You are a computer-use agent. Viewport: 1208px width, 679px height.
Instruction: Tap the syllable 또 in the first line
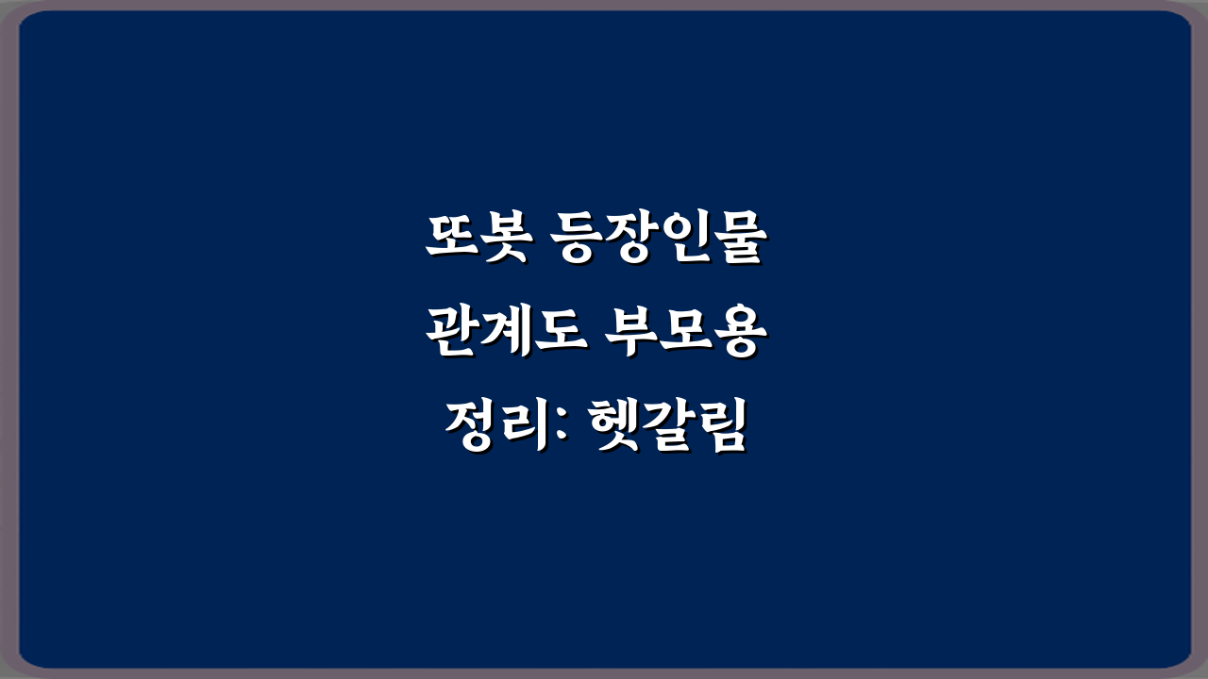[x=450, y=240]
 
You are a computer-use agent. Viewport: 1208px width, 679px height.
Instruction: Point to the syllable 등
[x=577, y=240]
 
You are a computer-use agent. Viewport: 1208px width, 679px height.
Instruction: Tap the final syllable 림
[x=719, y=426]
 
